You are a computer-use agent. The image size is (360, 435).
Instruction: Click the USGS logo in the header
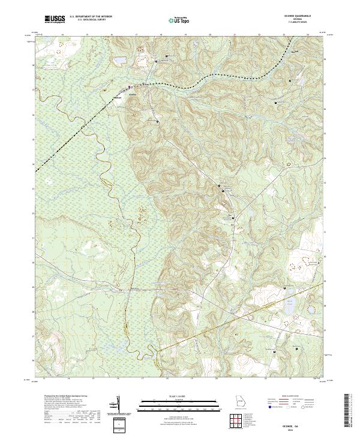(x=55, y=20)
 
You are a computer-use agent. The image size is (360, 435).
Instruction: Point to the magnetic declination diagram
(x=118, y=404)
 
